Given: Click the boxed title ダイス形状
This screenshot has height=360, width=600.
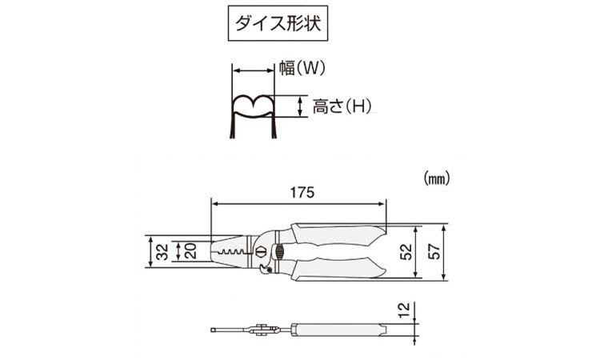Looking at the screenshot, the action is (278, 23).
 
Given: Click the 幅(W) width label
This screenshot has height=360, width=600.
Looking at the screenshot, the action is (302, 69).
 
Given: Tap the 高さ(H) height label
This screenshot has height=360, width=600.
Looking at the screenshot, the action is (342, 106).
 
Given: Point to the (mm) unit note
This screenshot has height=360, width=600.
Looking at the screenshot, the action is (437, 178).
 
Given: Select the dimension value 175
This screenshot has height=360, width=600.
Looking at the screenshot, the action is (302, 193).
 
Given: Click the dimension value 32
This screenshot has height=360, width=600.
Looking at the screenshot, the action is (163, 252).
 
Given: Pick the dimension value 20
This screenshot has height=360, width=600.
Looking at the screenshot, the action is (190, 251).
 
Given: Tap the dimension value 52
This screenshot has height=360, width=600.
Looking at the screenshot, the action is (406, 252).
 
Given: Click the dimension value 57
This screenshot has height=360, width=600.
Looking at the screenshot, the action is (434, 252).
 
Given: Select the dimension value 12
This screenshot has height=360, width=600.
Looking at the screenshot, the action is (404, 310).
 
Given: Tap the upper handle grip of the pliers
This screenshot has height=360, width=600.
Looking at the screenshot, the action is (337, 234).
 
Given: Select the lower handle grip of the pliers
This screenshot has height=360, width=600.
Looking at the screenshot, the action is (337, 270).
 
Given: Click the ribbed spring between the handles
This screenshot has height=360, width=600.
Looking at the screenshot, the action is (279, 252).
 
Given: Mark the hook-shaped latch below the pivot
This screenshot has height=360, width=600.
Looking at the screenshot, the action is (265, 270).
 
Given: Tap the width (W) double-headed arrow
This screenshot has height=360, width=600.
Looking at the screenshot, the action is (253, 70).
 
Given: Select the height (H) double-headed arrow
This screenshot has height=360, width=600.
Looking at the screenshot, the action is (300, 106).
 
